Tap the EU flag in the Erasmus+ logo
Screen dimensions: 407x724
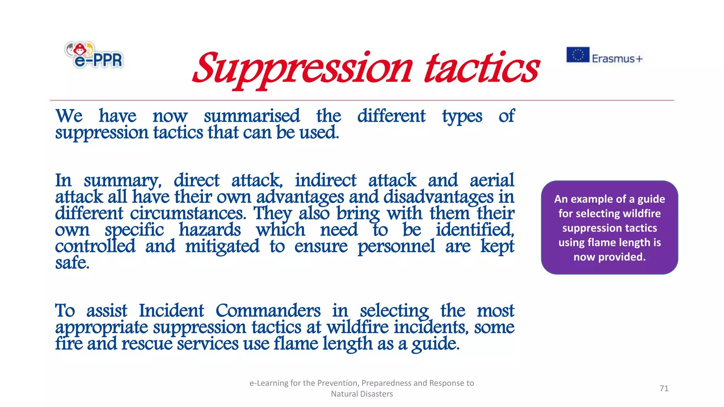click(578, 55)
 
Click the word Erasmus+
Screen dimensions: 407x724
click(617, 59)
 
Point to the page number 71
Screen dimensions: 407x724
click(664, 388)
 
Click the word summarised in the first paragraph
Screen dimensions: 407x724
click(252, 116)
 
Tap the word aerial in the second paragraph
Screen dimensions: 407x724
click(492, 180)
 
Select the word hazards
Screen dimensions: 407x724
click(210, 230)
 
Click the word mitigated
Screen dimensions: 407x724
click(222, 246)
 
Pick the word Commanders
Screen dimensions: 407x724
click(268, 311)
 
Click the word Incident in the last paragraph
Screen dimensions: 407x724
click(171, 311)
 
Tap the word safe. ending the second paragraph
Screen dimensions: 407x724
click(72, 263)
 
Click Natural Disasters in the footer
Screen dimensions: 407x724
click(362, 394)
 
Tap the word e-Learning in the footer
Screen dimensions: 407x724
click(269, 383)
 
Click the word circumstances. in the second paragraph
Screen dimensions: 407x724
click(188, 213)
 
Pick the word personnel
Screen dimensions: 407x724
click(396, 246)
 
